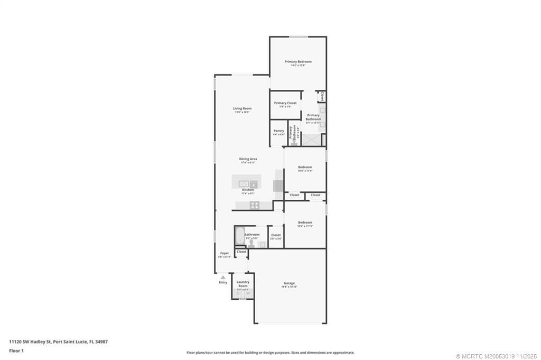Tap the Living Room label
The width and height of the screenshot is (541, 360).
tap(242, 109)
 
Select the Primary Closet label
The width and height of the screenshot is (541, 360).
tap(285, 103)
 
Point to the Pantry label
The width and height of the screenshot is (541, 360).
tap(278, 131)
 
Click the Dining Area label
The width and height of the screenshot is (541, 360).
tap(248, 159)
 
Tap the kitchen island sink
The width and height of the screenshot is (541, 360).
tap(244, 184)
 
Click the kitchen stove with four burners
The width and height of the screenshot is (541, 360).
tap(254, 205)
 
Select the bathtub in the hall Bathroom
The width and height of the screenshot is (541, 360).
tap(239, 236)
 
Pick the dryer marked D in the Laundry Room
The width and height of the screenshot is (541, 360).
tap(238, 293)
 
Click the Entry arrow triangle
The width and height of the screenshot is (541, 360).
tap(223, 276)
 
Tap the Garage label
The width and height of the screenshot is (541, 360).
tap(289, 283)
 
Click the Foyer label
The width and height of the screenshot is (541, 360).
tap(225, 253)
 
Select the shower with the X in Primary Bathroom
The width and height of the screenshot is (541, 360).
tap(311, 140)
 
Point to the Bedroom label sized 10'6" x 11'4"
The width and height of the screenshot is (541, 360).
tap(305, 168)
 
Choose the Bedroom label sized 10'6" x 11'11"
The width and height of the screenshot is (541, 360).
tap(304, 223)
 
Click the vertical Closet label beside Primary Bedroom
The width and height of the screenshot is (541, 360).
tap(322, 96)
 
